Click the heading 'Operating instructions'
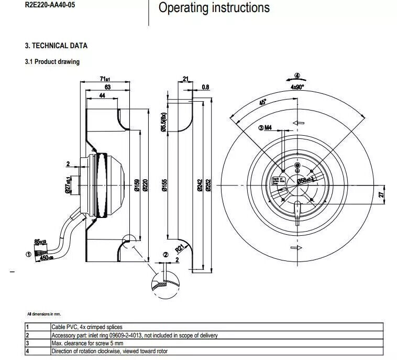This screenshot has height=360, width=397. (x=214, y=8)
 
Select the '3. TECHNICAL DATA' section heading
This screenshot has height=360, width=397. (x=56, y=46)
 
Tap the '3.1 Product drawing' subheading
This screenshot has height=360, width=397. (x=52, y=62)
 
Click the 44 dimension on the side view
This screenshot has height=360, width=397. (x=102, y=95)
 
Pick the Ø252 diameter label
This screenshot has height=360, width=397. (x=208, y=185)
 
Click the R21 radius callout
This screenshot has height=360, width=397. (x=179, y=248)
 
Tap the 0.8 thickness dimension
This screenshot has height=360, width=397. (x=205, y=87)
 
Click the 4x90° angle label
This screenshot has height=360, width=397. (x=297, y=87)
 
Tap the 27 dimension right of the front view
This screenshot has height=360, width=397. (x=382, y=194)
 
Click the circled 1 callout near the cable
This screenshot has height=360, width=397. (x=28, y=255)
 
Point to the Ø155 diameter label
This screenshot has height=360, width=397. (x=164, y=186)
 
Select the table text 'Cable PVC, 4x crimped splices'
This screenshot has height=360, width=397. (x=86, y=327)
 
